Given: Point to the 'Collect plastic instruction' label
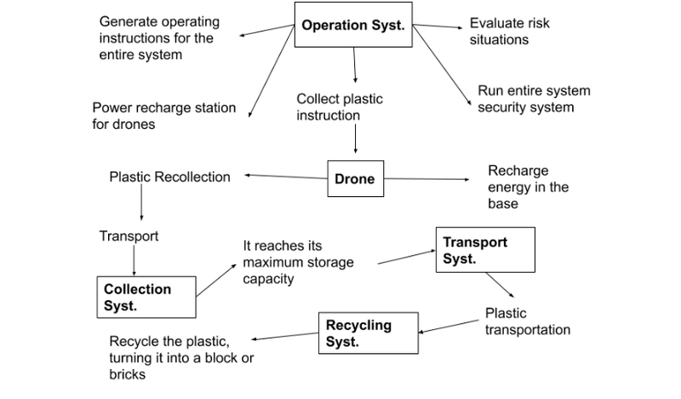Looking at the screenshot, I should click(340, 107).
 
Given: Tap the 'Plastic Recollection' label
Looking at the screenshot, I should click(170, 177).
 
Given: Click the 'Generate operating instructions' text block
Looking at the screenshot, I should click(158, 38).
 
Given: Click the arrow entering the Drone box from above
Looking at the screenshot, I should click(355, 140).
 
